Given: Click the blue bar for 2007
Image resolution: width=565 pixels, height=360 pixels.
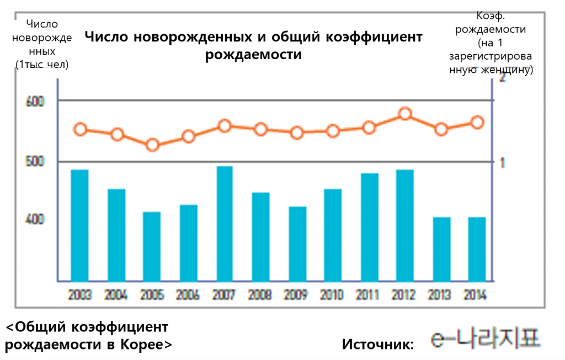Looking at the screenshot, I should click(225, 223).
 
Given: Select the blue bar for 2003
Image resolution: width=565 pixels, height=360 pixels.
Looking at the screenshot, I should click(79, 225).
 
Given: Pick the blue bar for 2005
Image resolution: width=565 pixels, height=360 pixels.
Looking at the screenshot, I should click(152, 246).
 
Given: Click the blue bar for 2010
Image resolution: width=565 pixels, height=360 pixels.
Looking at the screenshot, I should click(333, 235).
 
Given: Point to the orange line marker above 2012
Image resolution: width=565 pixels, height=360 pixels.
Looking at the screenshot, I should click(405, 114).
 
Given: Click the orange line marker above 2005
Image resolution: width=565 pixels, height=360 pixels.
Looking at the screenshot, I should click(152, 145).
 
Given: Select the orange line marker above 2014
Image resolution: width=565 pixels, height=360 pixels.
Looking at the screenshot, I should click(478, 123).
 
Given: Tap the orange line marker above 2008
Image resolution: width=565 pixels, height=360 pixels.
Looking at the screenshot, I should click(260, 130).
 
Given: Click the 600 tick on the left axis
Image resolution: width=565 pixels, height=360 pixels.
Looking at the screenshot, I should click(35, 102).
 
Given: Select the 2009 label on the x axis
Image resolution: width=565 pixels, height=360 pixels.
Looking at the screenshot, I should click(296, 294).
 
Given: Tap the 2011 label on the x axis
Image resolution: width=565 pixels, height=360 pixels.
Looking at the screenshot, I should click(369, 294).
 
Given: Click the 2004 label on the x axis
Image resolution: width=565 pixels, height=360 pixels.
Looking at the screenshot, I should click(116, 294).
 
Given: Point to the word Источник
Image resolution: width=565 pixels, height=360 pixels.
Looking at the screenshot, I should click(378, 344).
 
